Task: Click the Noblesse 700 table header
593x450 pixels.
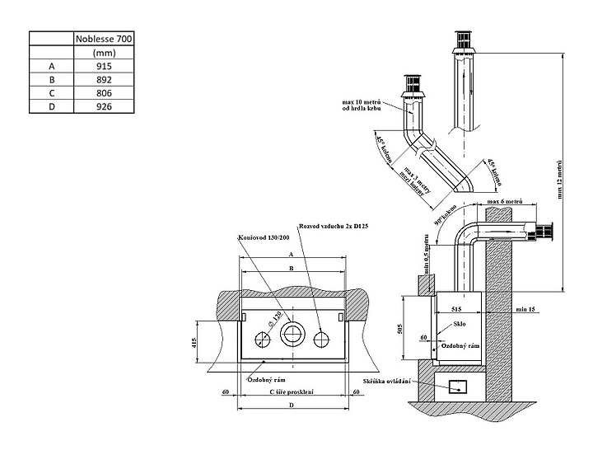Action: [104, 38]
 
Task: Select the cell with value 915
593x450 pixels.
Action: [104, 65]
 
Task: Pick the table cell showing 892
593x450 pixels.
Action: [104, 79]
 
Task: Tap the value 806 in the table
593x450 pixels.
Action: [104, 93]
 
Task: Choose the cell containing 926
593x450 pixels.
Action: [104, 107]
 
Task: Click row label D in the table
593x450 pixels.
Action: [52, 107]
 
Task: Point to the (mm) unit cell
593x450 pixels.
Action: [104, 52]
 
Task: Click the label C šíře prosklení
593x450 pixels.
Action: [292, 392]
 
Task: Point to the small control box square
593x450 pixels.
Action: [455, 383]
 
